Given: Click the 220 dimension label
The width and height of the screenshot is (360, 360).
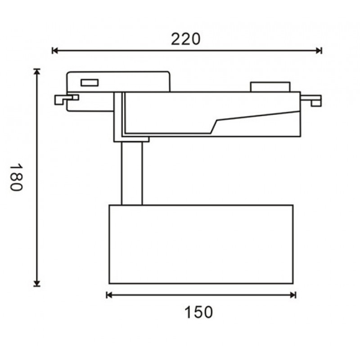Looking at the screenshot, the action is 186,39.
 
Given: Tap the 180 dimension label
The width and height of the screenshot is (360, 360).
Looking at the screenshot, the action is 16,177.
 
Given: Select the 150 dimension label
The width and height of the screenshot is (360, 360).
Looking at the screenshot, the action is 198,312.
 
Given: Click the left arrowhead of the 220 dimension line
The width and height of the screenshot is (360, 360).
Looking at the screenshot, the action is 55,50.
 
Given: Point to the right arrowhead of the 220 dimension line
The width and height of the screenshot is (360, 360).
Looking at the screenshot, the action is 319,50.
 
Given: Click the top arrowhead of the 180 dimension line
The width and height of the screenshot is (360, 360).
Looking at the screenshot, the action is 37,72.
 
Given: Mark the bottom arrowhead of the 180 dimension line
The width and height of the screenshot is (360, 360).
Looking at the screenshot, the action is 37,283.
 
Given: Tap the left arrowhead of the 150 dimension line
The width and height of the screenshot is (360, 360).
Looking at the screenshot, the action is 109,295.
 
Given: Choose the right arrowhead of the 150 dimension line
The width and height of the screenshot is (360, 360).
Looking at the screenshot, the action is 293,295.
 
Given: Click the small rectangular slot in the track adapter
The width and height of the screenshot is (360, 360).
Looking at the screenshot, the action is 90,83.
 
